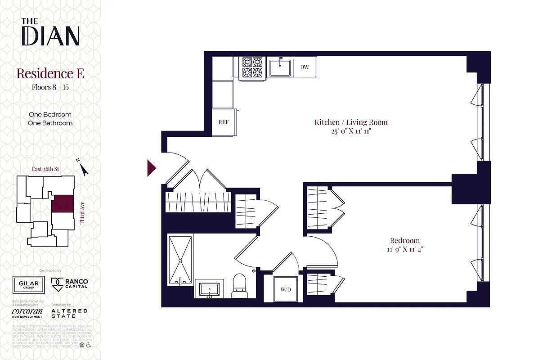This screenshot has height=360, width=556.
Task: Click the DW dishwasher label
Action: [x=305, y=67]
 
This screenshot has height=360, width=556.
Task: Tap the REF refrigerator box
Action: [x=223, y=122]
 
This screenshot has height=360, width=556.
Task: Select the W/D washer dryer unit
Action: [x=286, y=289]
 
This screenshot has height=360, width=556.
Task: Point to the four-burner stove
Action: [x=252, y=67]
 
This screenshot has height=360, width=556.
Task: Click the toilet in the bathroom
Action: [x=239, y=286]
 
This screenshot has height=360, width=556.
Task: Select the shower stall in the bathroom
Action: [x=180, y=260]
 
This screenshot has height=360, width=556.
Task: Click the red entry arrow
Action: [x=152, y=168]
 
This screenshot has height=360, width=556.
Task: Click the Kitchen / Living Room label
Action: [x=351, y=122]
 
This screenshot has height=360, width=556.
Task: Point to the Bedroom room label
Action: [x=405, y=241]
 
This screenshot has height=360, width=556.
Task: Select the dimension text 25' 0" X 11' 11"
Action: [x=351, y=132]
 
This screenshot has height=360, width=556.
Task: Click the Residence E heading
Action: [x=50, y=73]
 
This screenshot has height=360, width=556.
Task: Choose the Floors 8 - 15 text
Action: [x=50, y=87]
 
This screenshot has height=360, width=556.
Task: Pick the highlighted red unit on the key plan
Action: [x=62, y=203]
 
